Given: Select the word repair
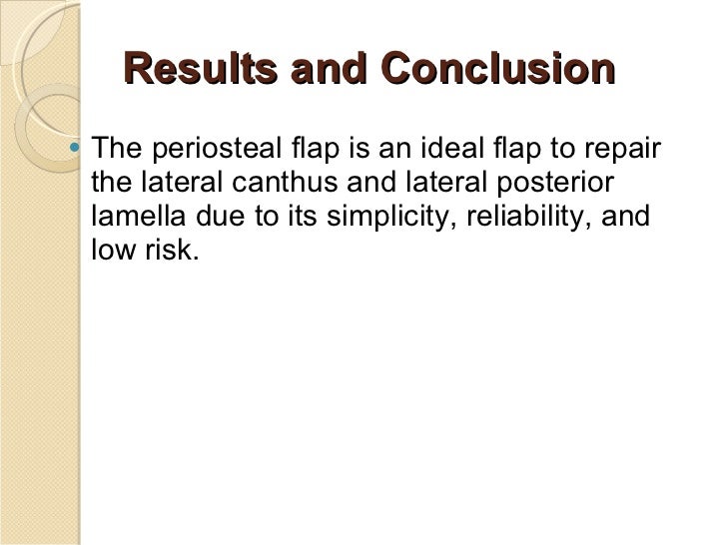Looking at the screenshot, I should [x=623, y=152].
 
